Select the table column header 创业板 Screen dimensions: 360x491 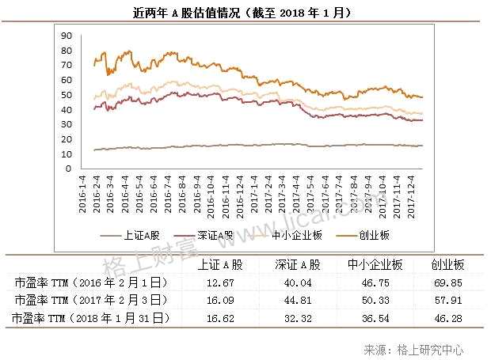447,265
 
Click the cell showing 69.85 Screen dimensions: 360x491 447,282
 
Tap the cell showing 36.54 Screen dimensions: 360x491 375,318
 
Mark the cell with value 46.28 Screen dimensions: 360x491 447,318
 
